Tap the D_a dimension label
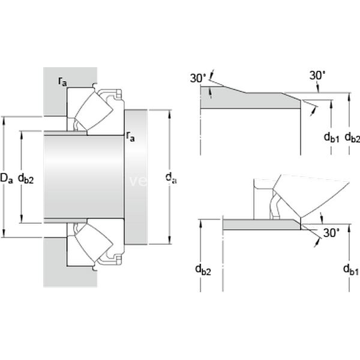[x=7, y=178]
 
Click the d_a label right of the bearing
[x=171, y=178]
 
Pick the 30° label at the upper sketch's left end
[x=198, y=78]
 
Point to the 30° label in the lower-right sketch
[x=331, y=233]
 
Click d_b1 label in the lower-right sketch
[x=350, y=269]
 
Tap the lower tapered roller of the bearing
[x=94, y=243]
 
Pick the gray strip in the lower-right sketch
[x=261, y=224]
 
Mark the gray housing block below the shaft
[x=54, y=264]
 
